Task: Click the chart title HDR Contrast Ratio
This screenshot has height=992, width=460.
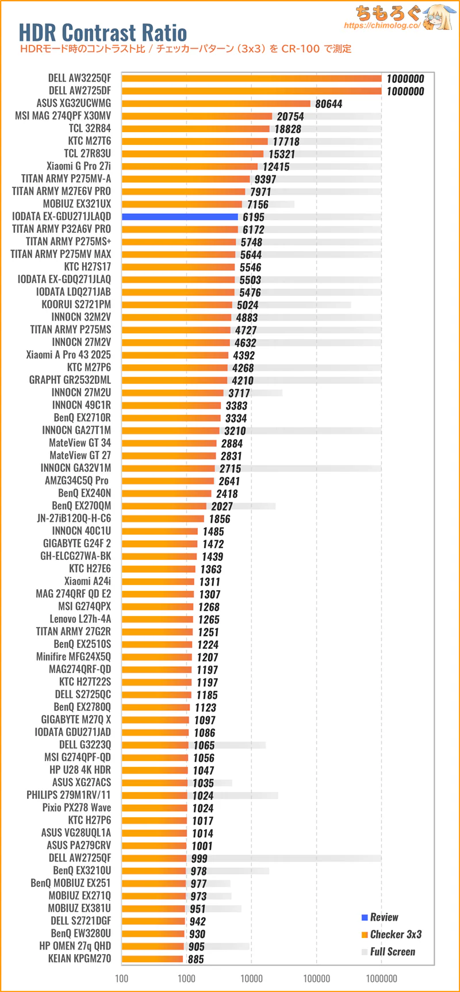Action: [103, 32]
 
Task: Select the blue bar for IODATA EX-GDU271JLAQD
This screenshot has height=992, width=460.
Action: [179, 217]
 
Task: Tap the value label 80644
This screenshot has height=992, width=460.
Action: [328, 104]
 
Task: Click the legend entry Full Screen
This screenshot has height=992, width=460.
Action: [392, 952]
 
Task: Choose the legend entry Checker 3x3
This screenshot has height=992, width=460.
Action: [396, 935]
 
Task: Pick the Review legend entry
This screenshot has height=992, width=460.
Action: [384, 917]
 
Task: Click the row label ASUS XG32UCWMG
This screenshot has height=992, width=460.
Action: [74, 103]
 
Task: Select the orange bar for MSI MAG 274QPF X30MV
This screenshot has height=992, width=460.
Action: [197, 116]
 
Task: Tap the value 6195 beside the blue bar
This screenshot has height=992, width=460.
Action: [254, 217]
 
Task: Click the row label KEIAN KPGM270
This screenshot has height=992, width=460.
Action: [79, 959]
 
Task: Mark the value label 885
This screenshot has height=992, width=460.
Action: [195, 959]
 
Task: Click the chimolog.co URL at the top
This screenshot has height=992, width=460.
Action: [382, 26]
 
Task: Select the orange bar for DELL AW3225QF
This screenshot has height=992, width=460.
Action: [251, 78]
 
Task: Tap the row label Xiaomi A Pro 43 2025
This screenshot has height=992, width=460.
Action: [68, 355]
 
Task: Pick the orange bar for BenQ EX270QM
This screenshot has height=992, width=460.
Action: [164, 506]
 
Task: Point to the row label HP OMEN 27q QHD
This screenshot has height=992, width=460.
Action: [75, 946]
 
